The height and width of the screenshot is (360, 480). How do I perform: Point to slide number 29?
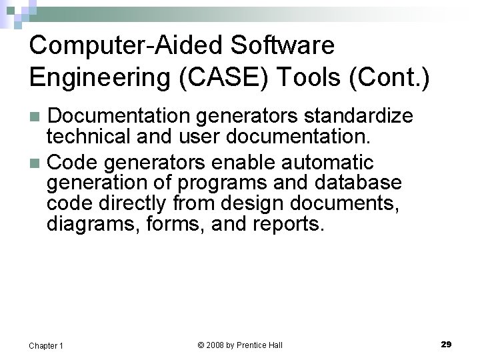[446, 344]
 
